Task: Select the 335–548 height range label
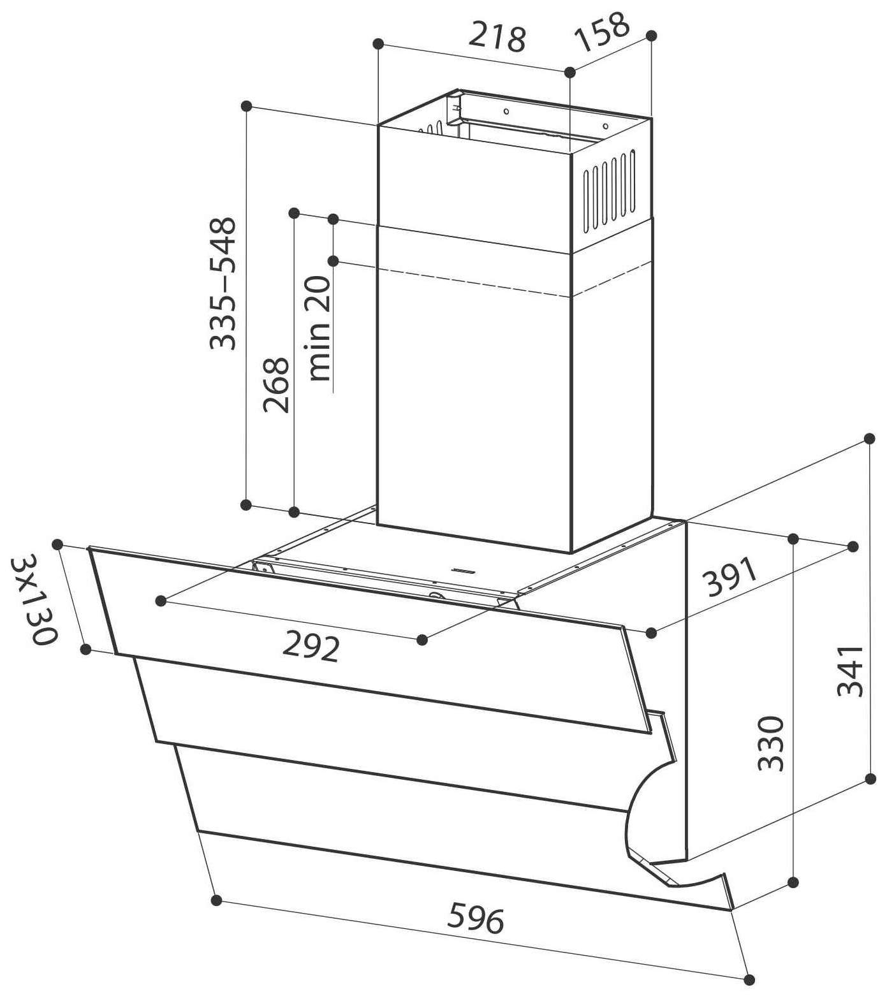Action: point(223,284)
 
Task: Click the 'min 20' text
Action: point(319,328)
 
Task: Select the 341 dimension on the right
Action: point(850,671)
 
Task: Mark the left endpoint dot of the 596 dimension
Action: point(216,900)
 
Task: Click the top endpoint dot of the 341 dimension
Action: point(870,439)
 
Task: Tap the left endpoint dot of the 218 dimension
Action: point(378,43)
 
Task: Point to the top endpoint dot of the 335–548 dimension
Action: point(247,106)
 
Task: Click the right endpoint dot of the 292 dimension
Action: point(422,639)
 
